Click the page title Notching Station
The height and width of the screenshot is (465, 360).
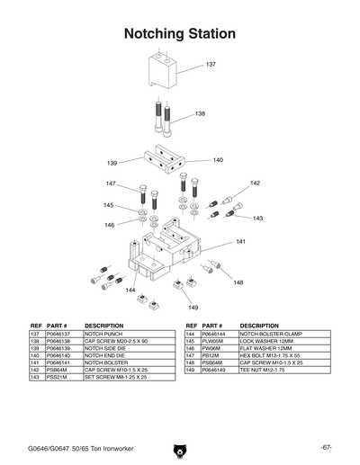point(179,33)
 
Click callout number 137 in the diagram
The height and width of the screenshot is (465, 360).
point(211,65)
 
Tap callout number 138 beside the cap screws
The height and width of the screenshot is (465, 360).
point(201,114)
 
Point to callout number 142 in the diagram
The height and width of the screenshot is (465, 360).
point(255,183)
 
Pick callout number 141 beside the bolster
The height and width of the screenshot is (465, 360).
point(241,242)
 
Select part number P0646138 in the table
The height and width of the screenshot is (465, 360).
point(58,341)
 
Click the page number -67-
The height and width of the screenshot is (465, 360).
point(327,447)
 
